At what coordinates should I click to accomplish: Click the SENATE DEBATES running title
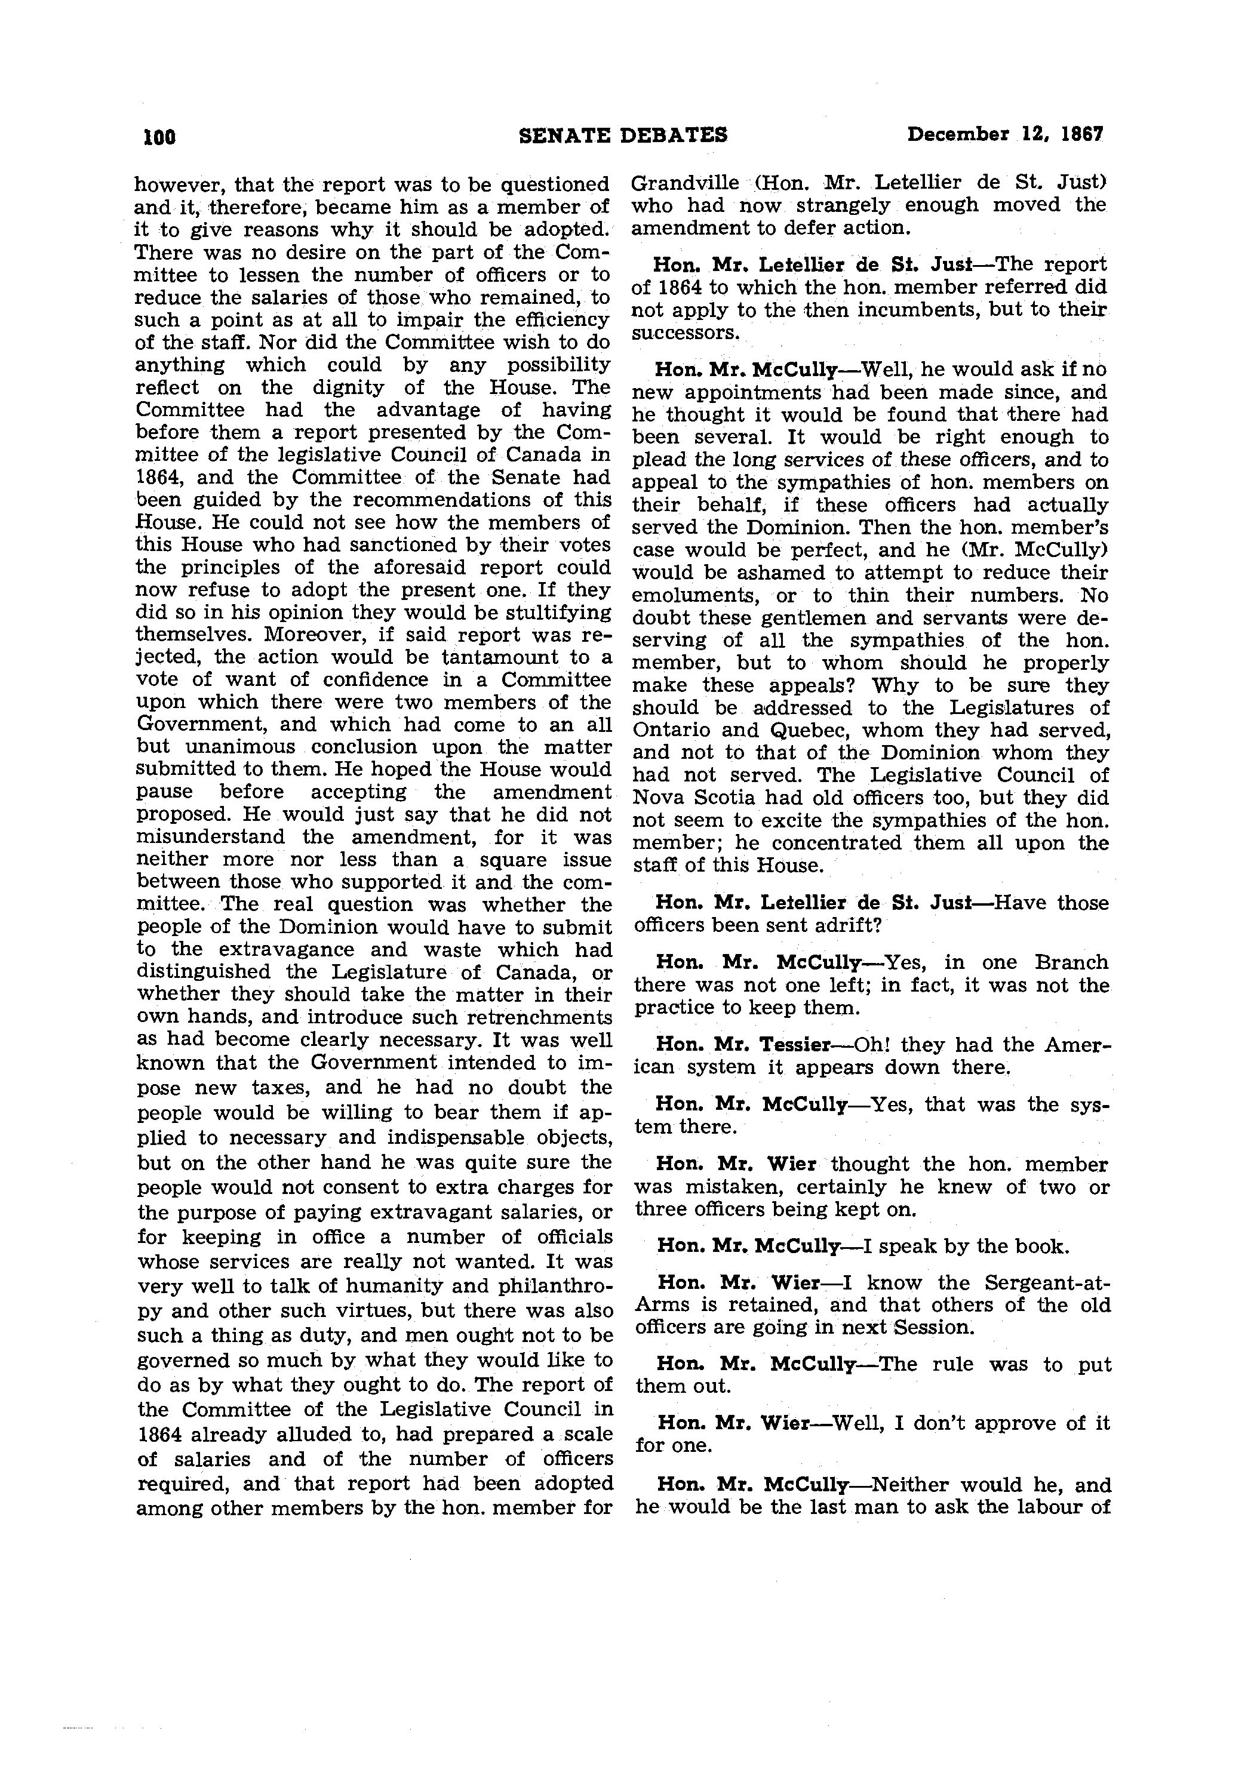[623, 136]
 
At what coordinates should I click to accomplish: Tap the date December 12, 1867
[1005, 135]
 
